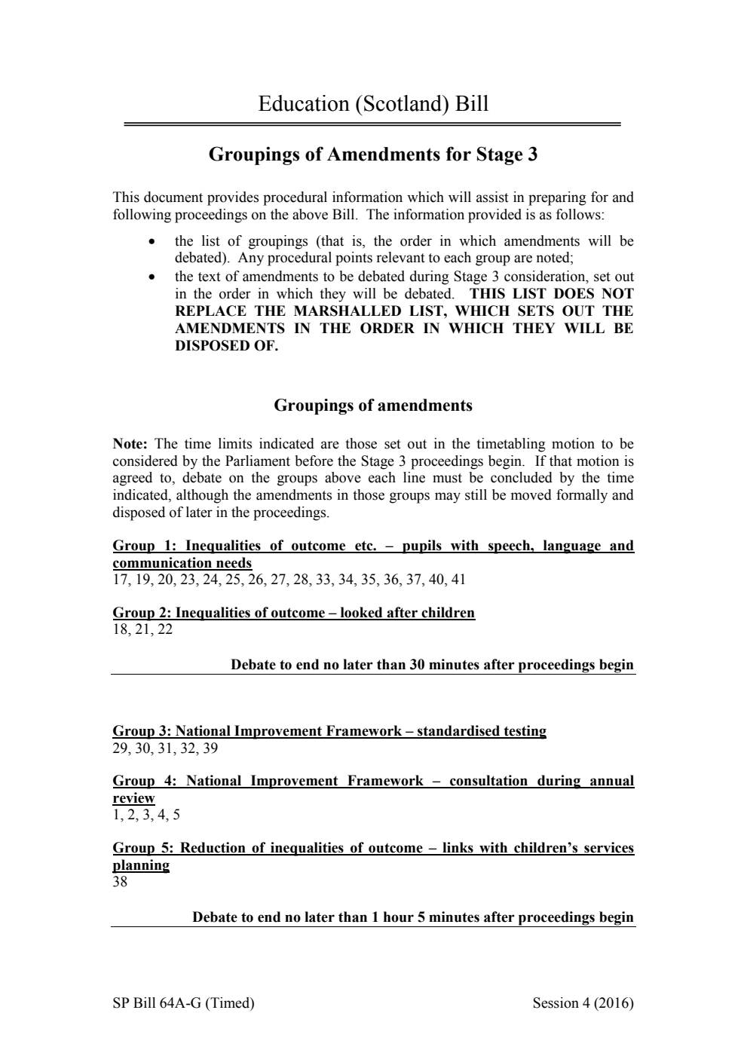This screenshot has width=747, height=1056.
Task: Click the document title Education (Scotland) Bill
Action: (x=373, y=103)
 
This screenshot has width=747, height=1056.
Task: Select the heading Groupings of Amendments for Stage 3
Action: (x=373, y=155)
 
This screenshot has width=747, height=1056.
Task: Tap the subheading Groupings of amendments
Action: (x=373, y=406)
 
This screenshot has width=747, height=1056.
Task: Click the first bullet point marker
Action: (x=153, y=242)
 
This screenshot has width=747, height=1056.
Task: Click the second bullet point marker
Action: (x=153, y=277)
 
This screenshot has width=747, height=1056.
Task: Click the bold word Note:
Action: (x=130, y=444)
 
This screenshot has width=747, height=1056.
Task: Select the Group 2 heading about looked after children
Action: (x=293, y=613)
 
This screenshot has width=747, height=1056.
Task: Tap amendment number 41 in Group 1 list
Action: (x=458, y=580)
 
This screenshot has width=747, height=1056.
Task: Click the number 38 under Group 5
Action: (x=120, y=882)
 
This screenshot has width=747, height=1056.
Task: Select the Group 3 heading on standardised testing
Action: (x=329, y=731)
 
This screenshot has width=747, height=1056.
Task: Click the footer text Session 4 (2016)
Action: (x=583, y=1003)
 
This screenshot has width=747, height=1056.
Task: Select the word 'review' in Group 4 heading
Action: (x=133, y=798)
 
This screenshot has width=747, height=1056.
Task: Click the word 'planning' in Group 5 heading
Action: (x=141, y=865)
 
